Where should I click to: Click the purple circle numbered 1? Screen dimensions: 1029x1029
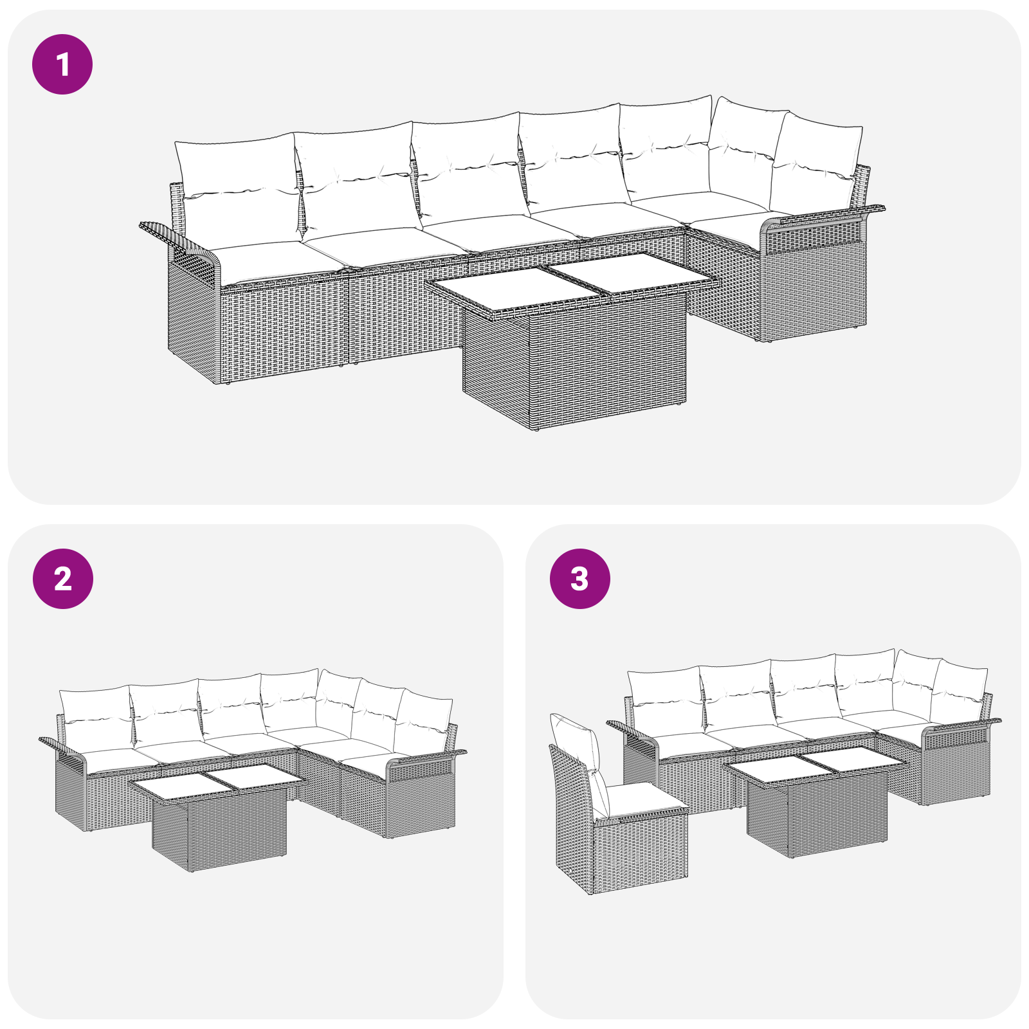62,64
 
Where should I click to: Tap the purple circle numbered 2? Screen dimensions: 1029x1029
62,579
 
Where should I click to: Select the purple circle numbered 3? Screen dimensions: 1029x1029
579,579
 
